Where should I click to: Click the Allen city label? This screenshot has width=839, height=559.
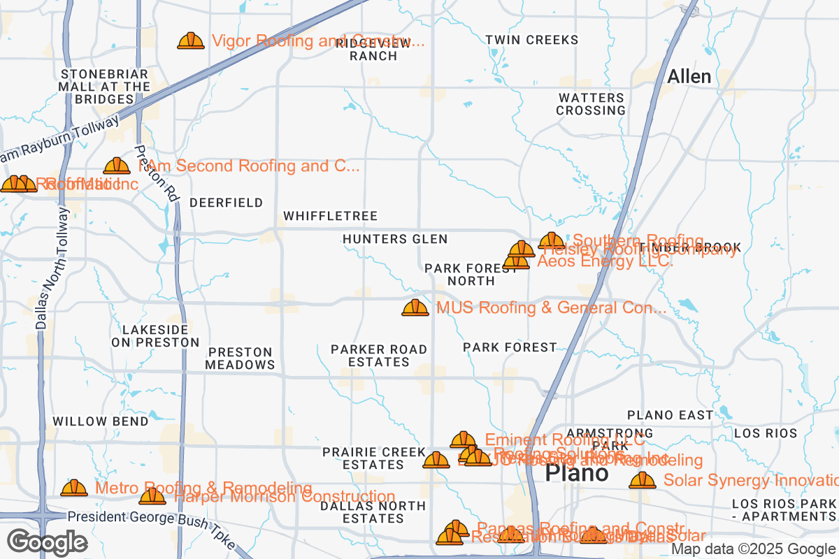pos(689,77)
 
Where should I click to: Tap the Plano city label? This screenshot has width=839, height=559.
pos(576,473)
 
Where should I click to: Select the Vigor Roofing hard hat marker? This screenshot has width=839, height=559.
pos(191,41)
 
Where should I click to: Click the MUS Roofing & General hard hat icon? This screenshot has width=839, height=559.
pos(415,307)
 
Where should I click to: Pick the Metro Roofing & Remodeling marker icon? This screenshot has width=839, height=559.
pos(74,488)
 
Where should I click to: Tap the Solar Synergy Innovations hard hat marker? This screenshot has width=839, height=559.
pos(642,480)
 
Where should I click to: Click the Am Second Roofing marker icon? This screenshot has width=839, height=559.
pos(117,166)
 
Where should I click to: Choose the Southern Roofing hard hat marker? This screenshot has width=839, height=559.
pos(552,241)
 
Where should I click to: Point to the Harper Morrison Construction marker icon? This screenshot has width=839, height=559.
pos(152,496)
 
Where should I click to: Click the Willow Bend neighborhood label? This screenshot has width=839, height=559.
pos(101,421)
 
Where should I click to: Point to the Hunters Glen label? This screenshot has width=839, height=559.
pos(395,239)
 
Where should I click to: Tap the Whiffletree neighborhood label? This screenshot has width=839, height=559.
pos(330,216)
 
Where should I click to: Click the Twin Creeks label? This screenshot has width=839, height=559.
pos(532,40)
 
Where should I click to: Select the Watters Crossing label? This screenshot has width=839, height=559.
pos(591,104)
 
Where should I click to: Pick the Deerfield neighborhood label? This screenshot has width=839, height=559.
pos(227,203)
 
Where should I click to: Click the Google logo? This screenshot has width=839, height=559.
pos(47,542)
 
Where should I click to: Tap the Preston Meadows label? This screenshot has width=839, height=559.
pos(240,358)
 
